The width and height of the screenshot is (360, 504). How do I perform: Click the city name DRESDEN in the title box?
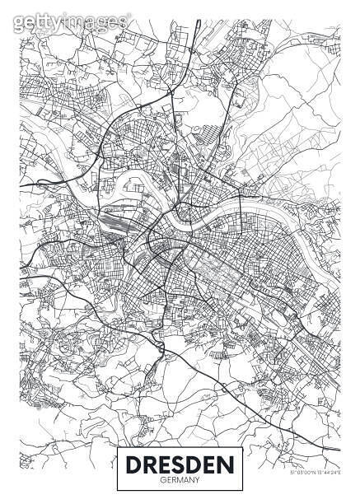pyautogui.click(x=180, y=463)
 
